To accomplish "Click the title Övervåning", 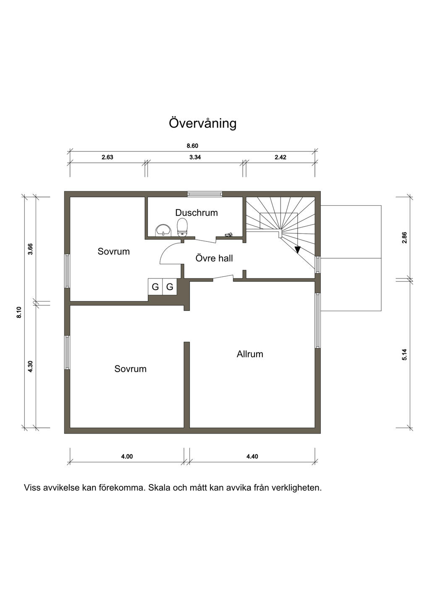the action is [202, 123].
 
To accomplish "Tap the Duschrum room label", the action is [197, 213].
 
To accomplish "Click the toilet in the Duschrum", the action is [182, 227].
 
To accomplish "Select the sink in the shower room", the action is [163, 230].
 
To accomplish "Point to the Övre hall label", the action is [214, 258].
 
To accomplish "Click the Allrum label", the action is [250, 354].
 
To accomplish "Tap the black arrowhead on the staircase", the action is [298, 249].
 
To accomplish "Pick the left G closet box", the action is [155, 286].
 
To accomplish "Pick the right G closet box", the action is [170, 286].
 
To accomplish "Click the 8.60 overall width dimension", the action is [192, 146].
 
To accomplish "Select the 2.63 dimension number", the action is [107, 157].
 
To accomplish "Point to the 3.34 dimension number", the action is [195, 157].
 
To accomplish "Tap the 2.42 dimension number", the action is [281, 157].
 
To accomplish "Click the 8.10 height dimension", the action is [19, 312].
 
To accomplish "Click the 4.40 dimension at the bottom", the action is [252, 456].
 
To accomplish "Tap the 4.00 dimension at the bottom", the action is [127, 456].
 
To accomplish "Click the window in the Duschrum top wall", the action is [205, 194].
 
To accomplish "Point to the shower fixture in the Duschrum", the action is [228, 235].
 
